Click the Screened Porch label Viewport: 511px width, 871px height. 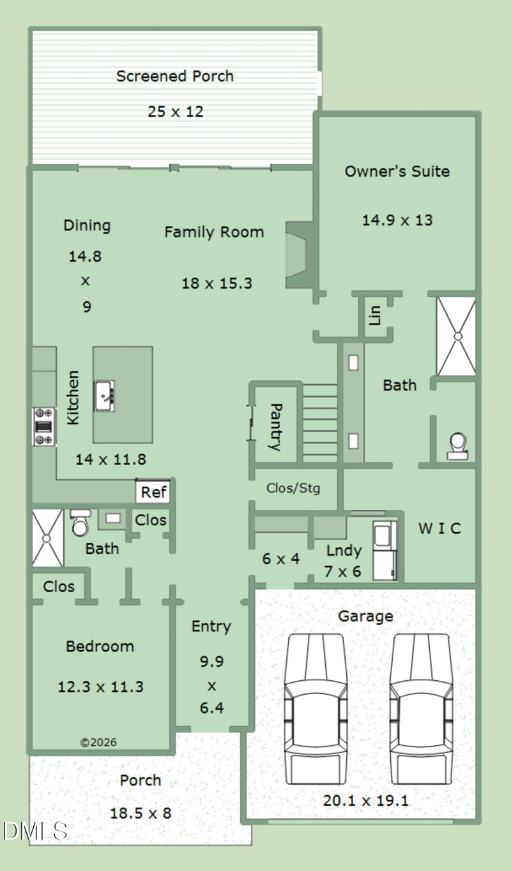[x=175, y=76]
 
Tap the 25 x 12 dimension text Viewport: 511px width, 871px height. [x=176, y=112]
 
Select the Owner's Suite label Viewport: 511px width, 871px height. [x=397, y=171]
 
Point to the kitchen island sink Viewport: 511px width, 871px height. [x=104, y=396]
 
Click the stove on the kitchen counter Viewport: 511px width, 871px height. [x=44, y=426]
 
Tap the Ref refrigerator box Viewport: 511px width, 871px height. [x=153, y=492]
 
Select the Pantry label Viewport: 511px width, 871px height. [x=275, y=427]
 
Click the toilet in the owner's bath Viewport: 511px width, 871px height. [x=457, y=447]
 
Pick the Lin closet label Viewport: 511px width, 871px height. [x=374, y=315]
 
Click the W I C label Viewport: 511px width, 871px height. [x=439, y=528]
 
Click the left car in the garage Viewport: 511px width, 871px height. [x=316, y=708]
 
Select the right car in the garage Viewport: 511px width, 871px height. [x=421, y=708]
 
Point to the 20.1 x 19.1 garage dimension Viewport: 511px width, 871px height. [x=366, y=801]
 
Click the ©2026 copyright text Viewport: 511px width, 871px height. [x=98, y=742]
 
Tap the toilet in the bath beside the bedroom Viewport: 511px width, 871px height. [x=80, y=523]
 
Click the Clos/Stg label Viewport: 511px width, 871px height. [x=293, y=488]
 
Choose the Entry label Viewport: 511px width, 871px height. [x=211, y=627]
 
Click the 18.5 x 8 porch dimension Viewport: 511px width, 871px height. [x=141, y=813]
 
